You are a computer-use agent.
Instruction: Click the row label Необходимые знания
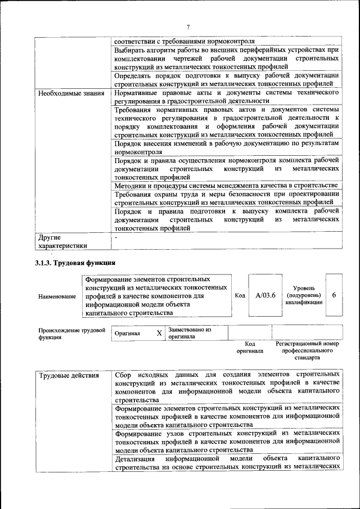[71, 93]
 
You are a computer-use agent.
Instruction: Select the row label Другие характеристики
[62, 241]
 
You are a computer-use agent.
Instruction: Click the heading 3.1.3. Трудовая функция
[75, 262]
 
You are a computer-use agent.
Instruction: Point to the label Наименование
[57, 296]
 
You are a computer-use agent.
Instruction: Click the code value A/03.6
[265, 295]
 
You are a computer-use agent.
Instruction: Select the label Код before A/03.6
[240, 295]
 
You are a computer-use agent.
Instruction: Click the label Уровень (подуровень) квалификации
[304, 295]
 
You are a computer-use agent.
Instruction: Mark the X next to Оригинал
[159, 333]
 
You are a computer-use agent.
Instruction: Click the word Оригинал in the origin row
[127, 333]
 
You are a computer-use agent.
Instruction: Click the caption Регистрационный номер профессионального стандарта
[307, 350]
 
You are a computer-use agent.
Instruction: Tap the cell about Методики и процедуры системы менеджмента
[226, 185]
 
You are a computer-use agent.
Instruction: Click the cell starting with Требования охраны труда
[227, 199]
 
